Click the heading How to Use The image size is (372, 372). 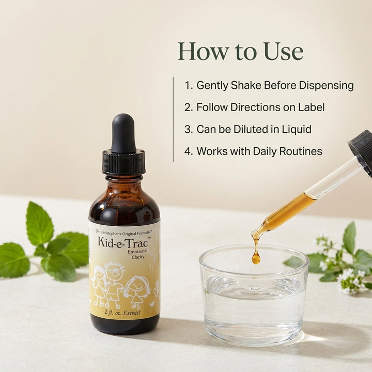tap(241, 51)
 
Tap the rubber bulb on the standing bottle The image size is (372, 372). tap(123, 133)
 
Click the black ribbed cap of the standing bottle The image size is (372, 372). tap(123, 162)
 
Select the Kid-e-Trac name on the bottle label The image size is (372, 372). tap(122, 242)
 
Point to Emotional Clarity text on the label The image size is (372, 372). tap(137, 254)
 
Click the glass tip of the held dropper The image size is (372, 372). tap(256, 234)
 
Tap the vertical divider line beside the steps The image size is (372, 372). tap(173, 119)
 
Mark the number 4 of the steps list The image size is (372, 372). tap(189, 151)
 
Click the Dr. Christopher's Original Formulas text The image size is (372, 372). tap(123, 232)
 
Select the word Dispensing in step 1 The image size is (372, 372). tap(326, 85)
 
